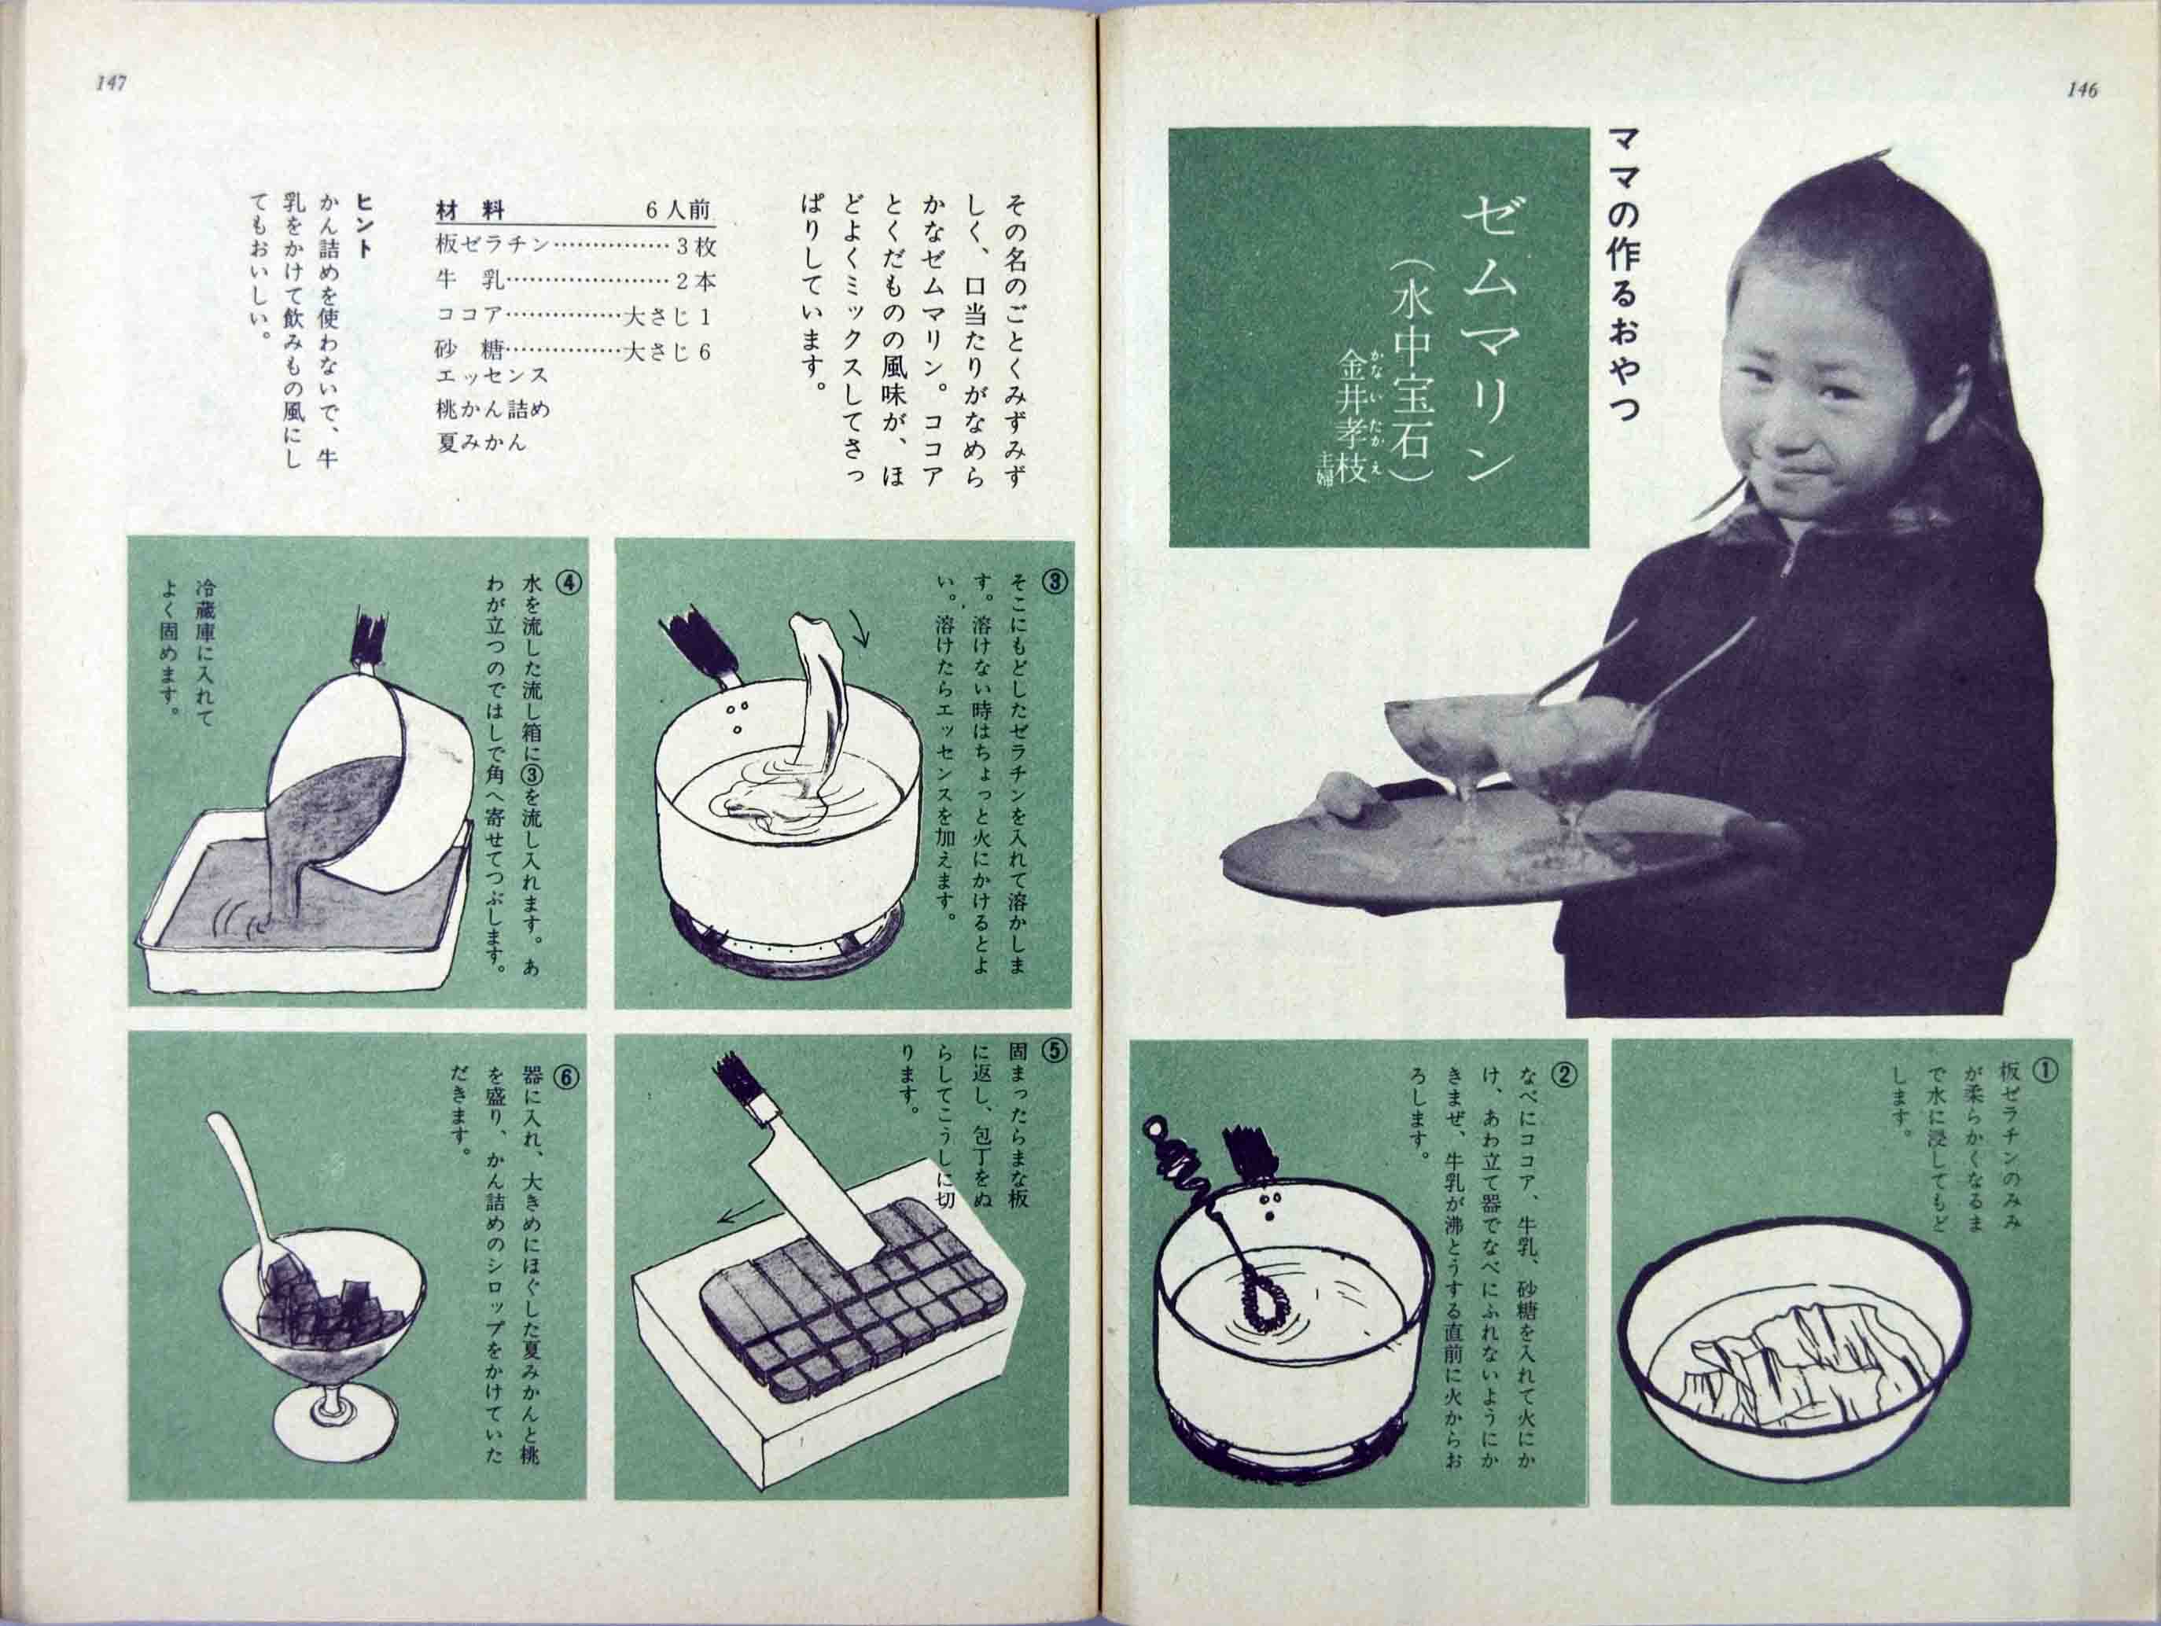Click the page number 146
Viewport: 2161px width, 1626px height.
pos(2082,90)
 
